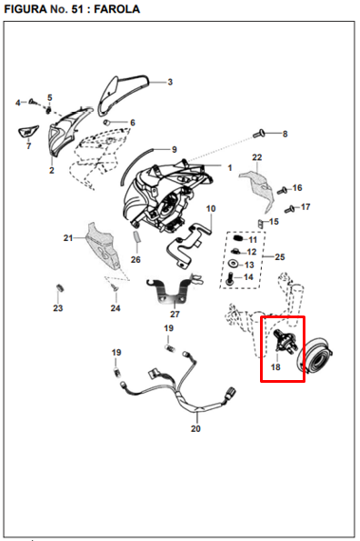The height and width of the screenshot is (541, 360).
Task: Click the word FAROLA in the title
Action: pyautogui.click(x=117, y=8)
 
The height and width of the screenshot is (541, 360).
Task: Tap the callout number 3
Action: pyautogui.click(x=170, y=82)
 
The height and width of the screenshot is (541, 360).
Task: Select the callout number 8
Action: pyautogui.click(x=285, y=134)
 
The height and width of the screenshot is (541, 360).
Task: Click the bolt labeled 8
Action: pyautogui.click(x=258, y=133)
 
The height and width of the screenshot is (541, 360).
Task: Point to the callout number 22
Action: pyautogui.click(x=257, y=157)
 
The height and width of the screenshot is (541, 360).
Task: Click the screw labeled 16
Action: pyautogui.click(x=283, y=190)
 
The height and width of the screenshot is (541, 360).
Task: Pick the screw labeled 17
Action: pyautogui.click(x=289, y=209)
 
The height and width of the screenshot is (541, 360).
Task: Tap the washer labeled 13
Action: pyautogui.click(x=235, y=264)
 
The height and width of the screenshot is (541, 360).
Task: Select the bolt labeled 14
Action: pyautogui.click(x=229, y=278)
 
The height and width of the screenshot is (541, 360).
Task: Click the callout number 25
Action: pyautogui.click(x=280, y=257)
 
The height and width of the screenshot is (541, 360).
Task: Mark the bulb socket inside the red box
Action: pyautogui.click(x=285, y=341)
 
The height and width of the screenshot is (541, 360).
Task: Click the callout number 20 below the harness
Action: pyautogui.click(x=195, y=428)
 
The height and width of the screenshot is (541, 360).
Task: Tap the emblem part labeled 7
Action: pyautogui.click(x=28, y=132)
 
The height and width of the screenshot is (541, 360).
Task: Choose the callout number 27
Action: pyautogui.click(x=175, y=314)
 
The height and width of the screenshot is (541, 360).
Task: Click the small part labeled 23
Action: pyautogui.click(x=60, y=287)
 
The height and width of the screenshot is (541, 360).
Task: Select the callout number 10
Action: pyautogui.click(x=211, y=209)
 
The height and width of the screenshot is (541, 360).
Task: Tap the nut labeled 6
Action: pyautogui.click(x=107, y=123)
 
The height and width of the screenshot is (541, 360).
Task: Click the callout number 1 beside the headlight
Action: pyautogui.click(x=230, y=168)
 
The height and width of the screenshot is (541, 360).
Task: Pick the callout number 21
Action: pyautogui.click(x=68, y=238)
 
